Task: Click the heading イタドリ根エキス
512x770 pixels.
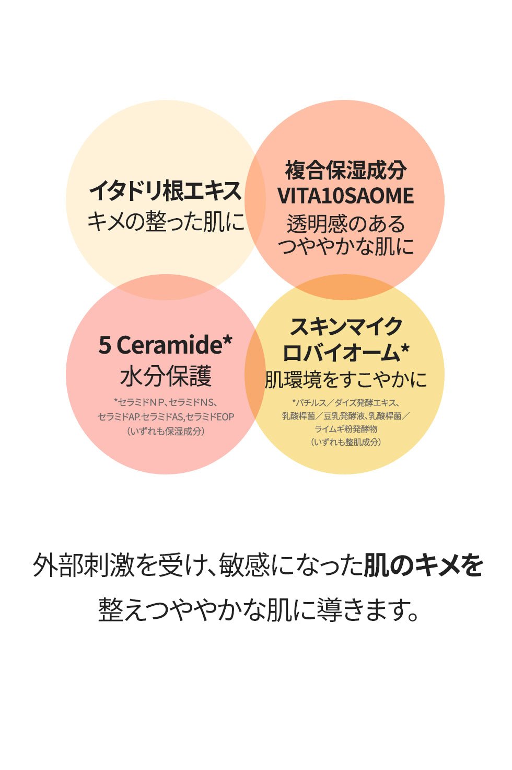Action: point(165,191)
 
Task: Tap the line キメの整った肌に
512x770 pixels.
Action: point(165,222)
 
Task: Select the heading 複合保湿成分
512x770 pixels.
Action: point(345,171)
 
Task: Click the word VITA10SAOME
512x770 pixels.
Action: point(345,196)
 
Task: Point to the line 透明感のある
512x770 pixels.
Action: point(345,224)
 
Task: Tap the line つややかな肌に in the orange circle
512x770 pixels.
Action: point(345,246)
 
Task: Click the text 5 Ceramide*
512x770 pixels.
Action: point(165,345)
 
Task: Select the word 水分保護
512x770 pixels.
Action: point(165,376)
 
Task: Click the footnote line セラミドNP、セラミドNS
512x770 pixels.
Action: point(165,402)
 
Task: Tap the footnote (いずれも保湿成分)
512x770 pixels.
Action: point(165,431)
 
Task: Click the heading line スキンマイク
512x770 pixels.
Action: point(345,327)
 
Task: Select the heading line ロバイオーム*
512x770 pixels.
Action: point(345,353)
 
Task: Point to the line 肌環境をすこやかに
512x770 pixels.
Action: point(345,380)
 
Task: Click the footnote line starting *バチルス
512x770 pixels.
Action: point(345,403)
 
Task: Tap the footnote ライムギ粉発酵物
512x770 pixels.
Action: point(345,429)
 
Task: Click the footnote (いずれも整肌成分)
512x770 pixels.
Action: point(345,442)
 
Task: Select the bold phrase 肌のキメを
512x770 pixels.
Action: point(423,565)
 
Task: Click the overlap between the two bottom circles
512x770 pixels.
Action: point(255,374)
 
